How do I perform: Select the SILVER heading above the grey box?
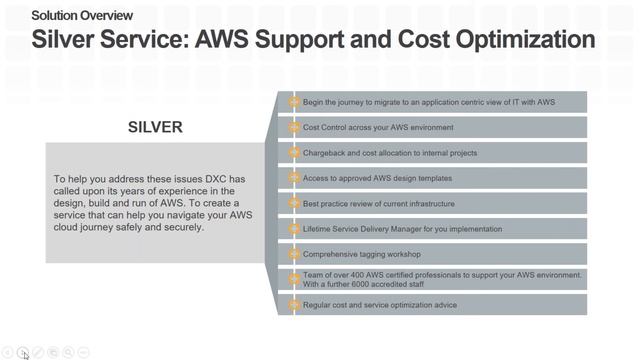[155, 127]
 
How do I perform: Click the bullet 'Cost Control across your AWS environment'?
[378, 127]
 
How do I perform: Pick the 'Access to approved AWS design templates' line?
[377, 178]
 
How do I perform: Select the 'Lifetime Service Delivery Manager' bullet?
[388, 229]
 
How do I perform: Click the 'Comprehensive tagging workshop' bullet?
[361, 254]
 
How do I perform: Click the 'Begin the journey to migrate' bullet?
[429, 102]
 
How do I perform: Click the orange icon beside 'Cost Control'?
[294, 127]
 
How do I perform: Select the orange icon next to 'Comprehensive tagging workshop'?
[294, 254]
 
